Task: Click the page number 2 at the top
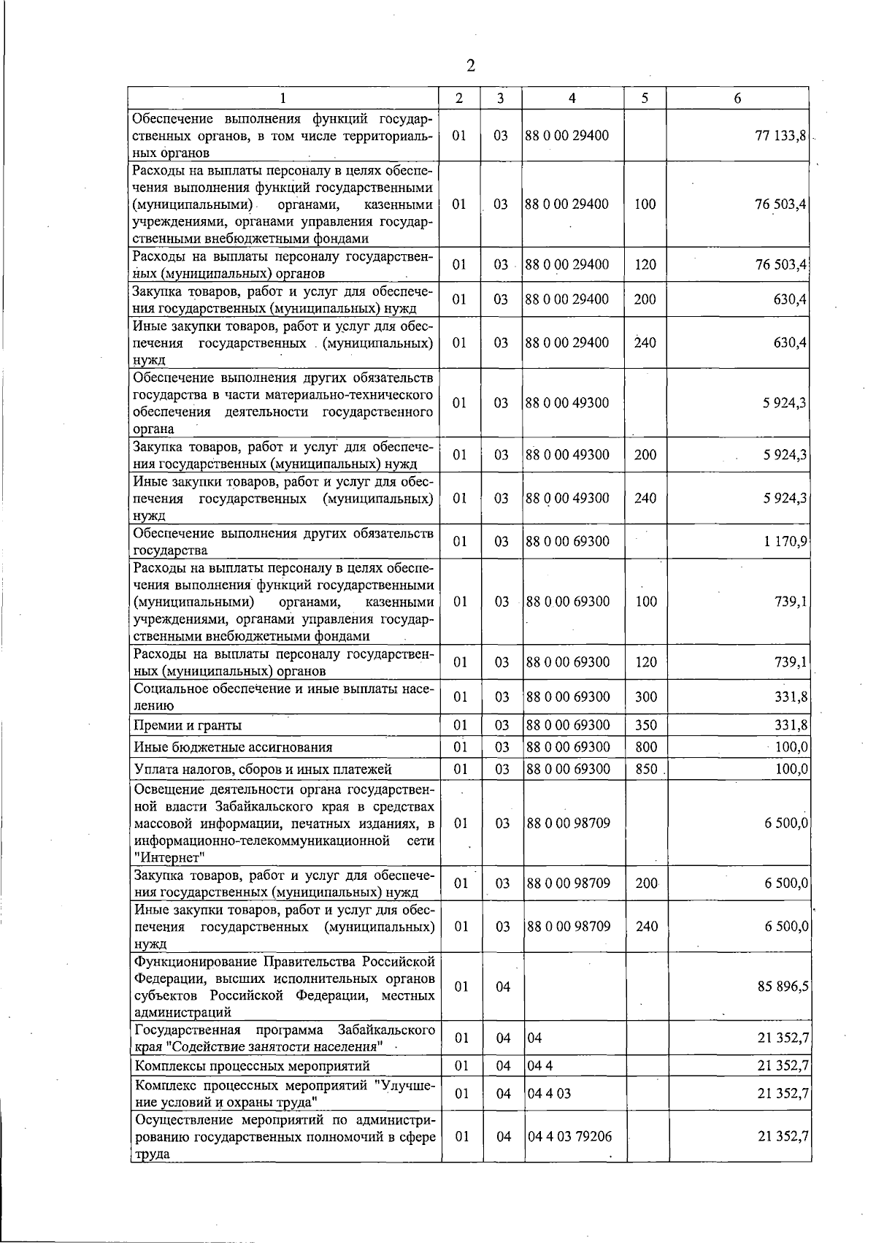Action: tap(470, 66)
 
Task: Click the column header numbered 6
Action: tap(737, 99)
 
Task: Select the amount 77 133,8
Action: tap(780, 136)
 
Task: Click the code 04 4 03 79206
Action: tap(569, 1136)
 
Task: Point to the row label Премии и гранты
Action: tap(188, 725)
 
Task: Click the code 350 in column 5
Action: tap(646, 725)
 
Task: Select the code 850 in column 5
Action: tap(646, 769)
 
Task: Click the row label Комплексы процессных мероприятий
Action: tap(253, 1066)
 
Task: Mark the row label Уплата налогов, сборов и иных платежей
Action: tap(262, 769)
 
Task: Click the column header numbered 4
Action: tap(572, 99)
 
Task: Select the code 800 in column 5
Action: tap(646, 747)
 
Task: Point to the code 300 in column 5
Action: tap(646, 697)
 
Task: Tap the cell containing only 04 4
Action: tap(539, 1066)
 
